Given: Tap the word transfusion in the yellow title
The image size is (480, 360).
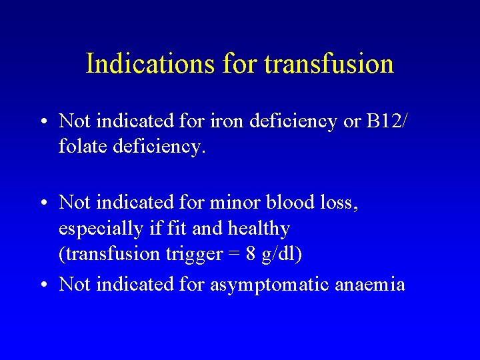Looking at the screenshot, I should click(329, 64).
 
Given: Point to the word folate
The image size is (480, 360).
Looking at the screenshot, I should click(81, 146).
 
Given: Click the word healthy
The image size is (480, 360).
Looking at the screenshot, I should click(259, 229).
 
